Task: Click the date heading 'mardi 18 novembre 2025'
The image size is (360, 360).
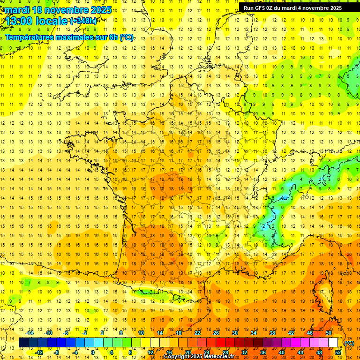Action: [x=58, y=10]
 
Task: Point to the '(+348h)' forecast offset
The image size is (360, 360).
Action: [x=84, y=21]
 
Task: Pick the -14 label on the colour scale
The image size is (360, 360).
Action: [x=31, y=333]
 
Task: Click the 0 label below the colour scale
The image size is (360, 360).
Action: [x=92, y=352]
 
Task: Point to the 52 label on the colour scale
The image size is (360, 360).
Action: [x=338, y=352]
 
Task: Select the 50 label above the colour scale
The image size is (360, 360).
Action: [x=329, y=333]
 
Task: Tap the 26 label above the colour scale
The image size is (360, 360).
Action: [x=216, y=333]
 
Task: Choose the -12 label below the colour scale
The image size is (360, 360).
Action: [x=39, y=352]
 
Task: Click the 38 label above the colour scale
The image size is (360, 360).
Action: [x=272, y=333]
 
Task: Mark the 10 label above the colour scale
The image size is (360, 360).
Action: [x=141, y=333]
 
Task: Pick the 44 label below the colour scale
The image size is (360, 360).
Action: [x=300, y=352]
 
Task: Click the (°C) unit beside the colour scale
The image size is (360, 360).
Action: [x=349, y=343]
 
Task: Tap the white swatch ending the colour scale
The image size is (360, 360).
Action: [x=333, y=343]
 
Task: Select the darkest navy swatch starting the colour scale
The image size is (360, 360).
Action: [x=23, y=343]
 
